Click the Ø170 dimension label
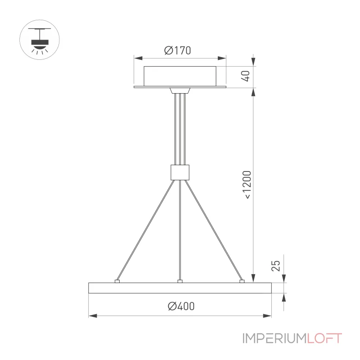177,50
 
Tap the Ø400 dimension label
181,306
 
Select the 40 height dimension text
245,76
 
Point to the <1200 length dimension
247,184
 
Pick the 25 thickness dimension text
276,266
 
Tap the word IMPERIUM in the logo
274,338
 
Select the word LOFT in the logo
324,338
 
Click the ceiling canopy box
180,76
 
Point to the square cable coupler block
180,172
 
